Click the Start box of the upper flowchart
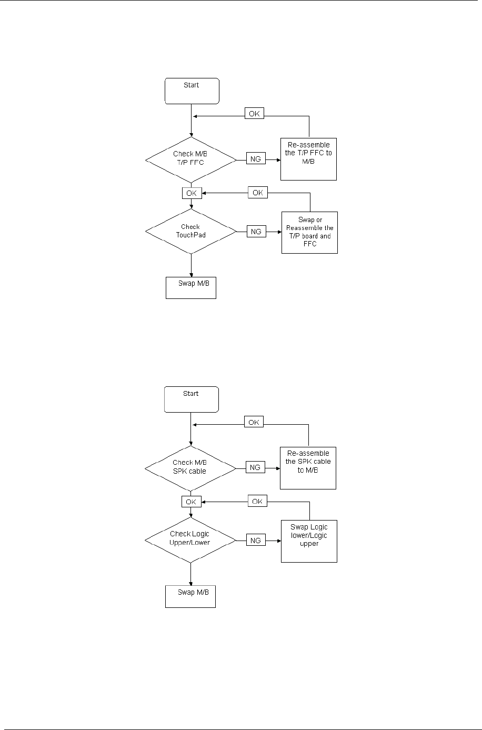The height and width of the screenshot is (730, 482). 191,91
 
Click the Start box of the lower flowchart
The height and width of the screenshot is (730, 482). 191,399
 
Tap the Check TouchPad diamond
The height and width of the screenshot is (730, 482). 190,231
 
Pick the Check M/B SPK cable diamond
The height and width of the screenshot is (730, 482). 190,467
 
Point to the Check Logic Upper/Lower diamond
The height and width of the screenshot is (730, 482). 190,539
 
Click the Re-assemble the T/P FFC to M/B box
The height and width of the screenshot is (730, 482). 309,159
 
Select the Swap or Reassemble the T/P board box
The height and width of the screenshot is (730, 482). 309,232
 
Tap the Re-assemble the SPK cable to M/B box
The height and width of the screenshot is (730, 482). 309,467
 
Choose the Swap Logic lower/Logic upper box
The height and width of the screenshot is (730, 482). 309,541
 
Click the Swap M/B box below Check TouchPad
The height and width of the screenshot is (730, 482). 191,287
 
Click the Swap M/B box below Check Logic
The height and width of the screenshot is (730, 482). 190,596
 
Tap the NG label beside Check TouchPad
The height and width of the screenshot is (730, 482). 256,232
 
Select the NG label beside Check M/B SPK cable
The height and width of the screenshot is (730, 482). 256,467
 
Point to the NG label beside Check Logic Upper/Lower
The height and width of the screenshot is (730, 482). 256,540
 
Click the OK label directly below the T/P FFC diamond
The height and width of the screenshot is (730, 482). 191,193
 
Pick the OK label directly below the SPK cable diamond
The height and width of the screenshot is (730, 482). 191,502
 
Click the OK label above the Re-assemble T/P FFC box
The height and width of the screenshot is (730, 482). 254,114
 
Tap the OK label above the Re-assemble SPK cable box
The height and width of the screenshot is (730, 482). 254,422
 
